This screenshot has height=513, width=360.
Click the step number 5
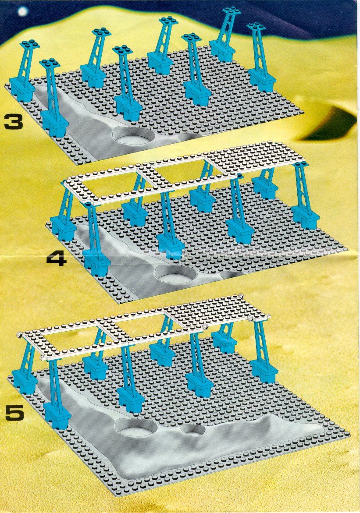[15, 413]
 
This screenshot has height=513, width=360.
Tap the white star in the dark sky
[23, 12]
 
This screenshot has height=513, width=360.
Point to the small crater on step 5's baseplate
[192, 430]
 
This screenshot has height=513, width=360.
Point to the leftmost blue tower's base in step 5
[25, 381]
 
